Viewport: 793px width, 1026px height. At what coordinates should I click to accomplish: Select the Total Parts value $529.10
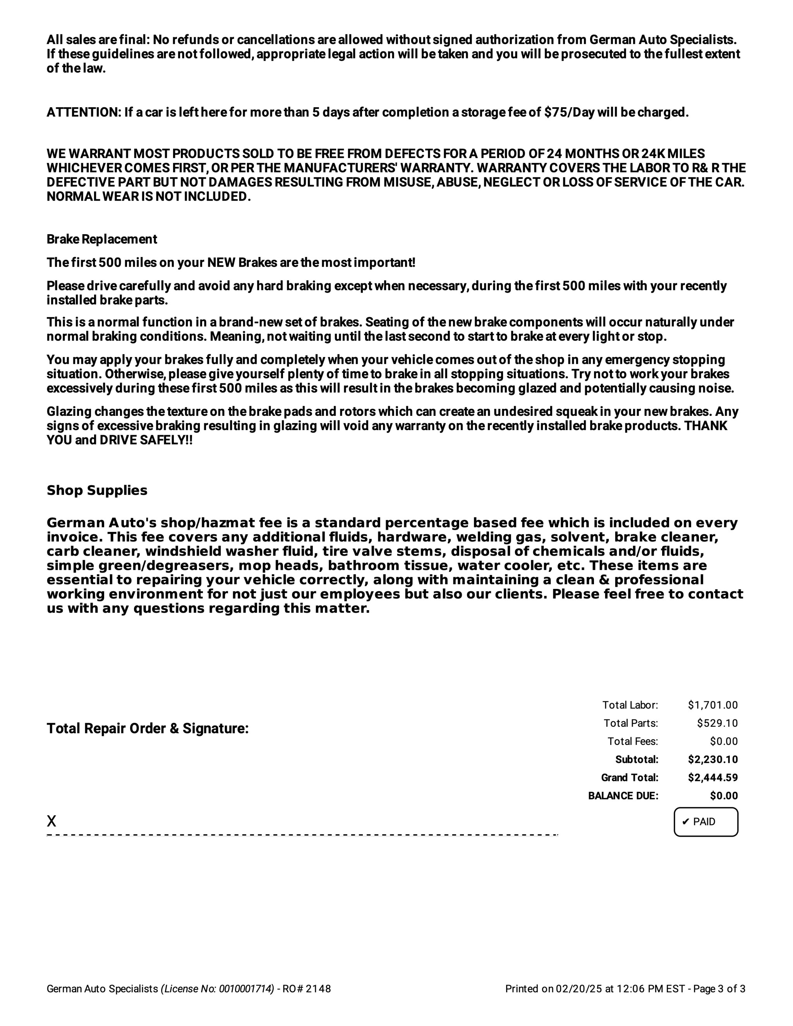tap(717, 723)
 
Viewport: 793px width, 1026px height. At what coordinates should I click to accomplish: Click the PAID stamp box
tap(705, 822)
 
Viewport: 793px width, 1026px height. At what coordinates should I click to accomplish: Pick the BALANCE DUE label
tap(623, 796)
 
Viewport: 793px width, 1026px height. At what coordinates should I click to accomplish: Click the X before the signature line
tap(51, 821)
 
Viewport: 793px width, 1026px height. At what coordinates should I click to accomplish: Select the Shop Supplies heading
tap(97, 491)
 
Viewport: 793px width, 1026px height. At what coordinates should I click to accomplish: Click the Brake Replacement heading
tap(101, 239)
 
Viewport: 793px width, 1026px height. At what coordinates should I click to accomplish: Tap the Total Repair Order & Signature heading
tap(148, 728)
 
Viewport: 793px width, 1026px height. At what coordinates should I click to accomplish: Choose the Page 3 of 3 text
tap(719, 989)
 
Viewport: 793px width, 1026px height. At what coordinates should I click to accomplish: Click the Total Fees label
tap(632, 741)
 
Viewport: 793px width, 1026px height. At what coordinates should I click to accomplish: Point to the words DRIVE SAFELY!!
tap(146, 440)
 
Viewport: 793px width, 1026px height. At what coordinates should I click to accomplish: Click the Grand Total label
tap(630, 777)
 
